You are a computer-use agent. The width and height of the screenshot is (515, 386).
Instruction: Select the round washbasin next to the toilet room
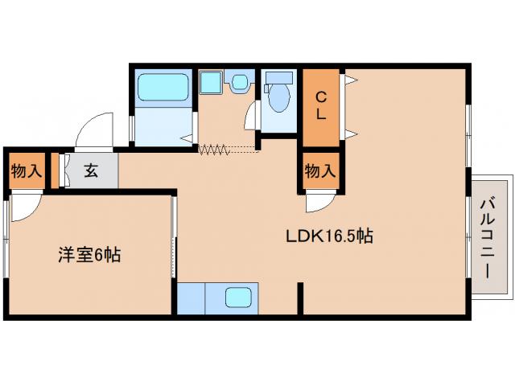coord(240,82)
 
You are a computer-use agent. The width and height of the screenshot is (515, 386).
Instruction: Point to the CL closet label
coord(320,106)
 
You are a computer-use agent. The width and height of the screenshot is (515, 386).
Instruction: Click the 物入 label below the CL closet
coord(320,170)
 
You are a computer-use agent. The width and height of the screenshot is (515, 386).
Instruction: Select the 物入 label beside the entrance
coord(26,170)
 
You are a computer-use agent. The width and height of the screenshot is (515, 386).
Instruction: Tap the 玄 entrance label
coord(91,170)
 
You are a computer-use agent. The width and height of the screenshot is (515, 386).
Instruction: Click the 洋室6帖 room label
coord(89,256)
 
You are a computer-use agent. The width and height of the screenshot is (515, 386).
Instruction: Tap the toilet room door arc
coord(251,114)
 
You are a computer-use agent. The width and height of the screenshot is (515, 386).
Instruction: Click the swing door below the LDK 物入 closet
coord(320,201)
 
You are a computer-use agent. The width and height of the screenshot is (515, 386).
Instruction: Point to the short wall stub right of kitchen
coord(300,298)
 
